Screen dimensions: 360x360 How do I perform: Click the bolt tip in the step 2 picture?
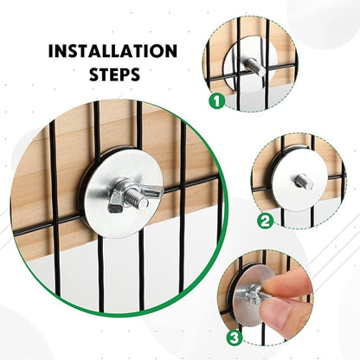[x=305, y=182]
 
